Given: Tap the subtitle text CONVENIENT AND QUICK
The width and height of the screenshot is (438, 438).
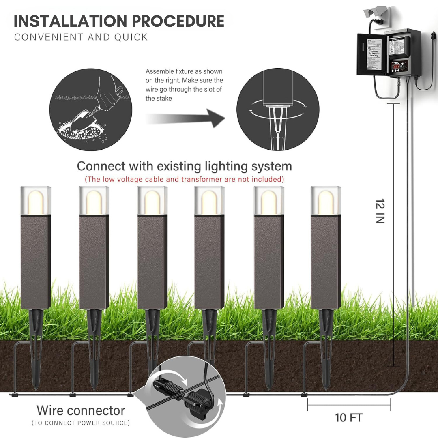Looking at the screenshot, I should coord(81,37).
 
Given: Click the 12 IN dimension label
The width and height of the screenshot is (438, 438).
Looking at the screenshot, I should coord(380,211).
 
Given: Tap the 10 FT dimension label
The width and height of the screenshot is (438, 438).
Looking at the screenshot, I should coord(348,417).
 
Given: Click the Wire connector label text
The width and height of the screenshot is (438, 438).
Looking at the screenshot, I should coord(81,410).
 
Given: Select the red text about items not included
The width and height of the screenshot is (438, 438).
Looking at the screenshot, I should coord(184,179).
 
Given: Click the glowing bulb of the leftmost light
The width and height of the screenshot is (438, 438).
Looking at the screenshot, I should coord(36,201).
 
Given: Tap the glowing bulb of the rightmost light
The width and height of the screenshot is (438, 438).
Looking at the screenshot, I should coord(326,201).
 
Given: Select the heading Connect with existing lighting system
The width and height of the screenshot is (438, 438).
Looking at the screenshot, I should coord(184,166).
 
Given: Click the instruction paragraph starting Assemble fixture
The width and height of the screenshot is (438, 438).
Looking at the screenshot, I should coord(184,85).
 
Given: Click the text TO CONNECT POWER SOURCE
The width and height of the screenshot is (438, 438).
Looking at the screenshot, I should coord(81,423).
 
